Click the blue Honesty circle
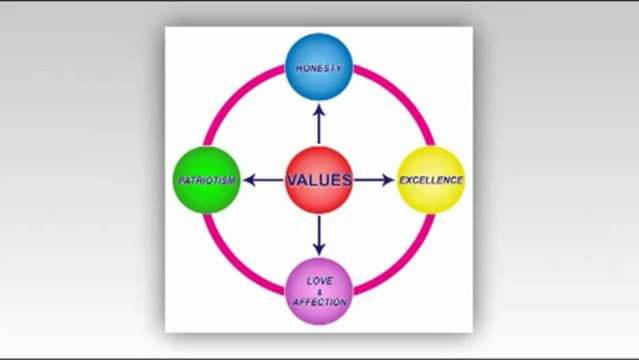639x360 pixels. pos(319,67)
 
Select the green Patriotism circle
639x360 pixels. pos(206,180)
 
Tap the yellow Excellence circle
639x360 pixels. pos(431,180)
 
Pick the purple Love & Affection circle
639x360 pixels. pos(319,292)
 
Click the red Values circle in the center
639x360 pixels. pos(319,180)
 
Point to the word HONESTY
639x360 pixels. pos(319,69)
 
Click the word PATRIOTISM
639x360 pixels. pos(206,181)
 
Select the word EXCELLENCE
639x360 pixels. pos(431,181)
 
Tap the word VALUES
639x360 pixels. pos(319,181)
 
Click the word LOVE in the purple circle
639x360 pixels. pos(319,281)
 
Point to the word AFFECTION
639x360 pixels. pos(319,302)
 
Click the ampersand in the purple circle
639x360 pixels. pos(319,291)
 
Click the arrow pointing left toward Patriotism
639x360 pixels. pos(263,180)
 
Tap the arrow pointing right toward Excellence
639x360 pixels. pos(375,180)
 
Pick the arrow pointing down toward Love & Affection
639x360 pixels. pos(319,236)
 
